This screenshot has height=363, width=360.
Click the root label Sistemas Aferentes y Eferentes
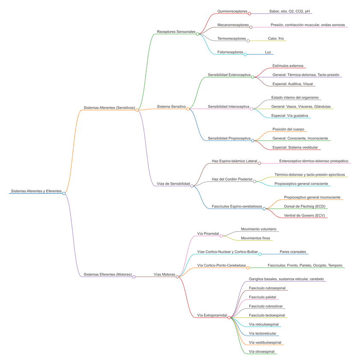click(x=36, y=191)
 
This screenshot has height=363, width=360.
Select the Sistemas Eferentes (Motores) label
click(x=107, y=274)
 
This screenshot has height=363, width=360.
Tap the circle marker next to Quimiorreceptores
click(x=249, y=14)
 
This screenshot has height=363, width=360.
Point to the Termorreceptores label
click(x=231, y=39)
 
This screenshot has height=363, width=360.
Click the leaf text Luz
click(x=268, y=52)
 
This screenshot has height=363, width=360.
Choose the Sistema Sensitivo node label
click(x=171, y=107)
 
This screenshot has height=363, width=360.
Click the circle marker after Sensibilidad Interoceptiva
click(x=251, y=109)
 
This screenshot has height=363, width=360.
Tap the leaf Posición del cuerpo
click(x=289, y=129)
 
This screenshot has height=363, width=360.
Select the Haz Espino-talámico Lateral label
click(x=234, y=161)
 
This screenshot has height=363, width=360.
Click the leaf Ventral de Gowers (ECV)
click(x=304, y=215)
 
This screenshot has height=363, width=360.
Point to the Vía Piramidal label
click(x=208, y=234)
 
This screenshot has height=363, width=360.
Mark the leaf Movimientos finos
click(x=255, y=238)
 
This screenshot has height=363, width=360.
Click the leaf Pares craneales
click(x=293, y=252)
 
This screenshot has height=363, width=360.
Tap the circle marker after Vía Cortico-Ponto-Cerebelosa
click(x=248, y=268)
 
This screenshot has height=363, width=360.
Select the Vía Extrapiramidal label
click(x=212, y=315)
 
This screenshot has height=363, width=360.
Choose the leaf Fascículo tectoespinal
click(x=267, y=315)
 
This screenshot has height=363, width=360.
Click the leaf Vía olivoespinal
click(x=262, y=352)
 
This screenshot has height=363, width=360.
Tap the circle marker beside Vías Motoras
click(x=177, y=277)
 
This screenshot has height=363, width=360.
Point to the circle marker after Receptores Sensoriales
click(x=198, y=34)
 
